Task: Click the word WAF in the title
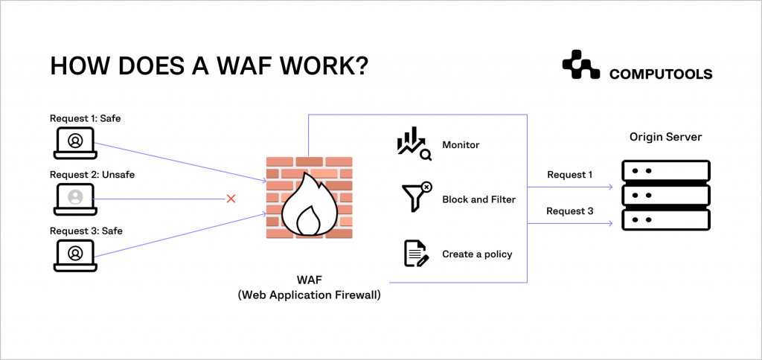[261, 66]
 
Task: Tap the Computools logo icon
[580, 65]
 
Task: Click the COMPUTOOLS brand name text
[661, 74]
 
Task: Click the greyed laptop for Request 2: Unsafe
[75, 198]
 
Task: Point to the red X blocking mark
[231, 199]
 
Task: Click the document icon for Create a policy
[415, 254]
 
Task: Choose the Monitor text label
[461, 145]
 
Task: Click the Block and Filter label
[478, 199]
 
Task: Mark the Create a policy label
[477, 254]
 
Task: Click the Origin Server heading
[665, 138]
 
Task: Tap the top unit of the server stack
[665, 171]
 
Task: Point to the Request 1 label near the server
[569, 176]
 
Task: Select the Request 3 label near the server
[569, 211]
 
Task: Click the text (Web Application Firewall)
[309, 295]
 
